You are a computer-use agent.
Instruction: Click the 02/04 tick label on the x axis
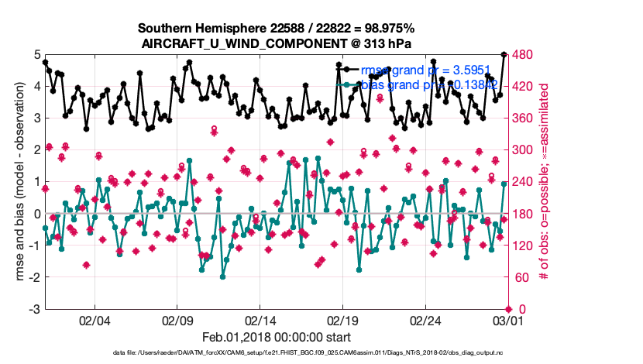pyautogui.click(x=95, y=319)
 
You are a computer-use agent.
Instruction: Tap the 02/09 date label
pyautogui.click(x=178, y=319)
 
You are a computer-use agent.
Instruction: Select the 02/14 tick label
pyautogui.click(x=260, y=319)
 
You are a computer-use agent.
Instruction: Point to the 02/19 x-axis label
pyautogui.click(x=343, y=319)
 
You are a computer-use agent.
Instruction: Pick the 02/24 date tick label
pyautogui.click(x=425, y=319)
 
